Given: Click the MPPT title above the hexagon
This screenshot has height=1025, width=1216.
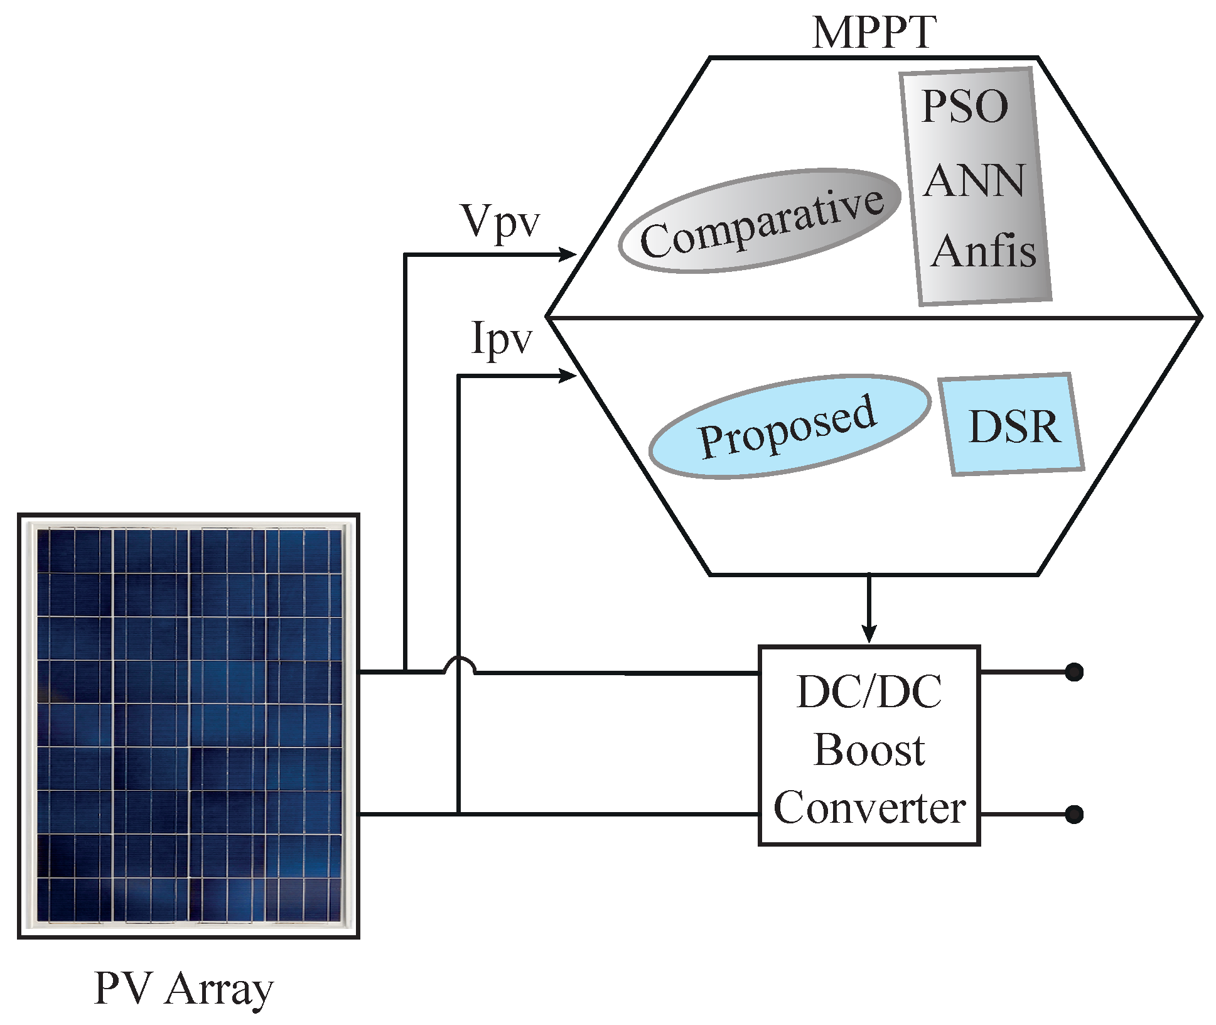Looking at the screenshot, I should point(873,33).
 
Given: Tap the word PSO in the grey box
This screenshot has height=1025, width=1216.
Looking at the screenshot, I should point(965,107).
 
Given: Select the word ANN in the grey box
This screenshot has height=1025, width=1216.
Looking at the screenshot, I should point(974,182).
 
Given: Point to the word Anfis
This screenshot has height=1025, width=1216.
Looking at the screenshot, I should point(983,251).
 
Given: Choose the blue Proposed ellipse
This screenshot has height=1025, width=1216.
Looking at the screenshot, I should point(789,426).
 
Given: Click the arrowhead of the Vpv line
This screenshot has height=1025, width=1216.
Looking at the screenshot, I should point(569,254).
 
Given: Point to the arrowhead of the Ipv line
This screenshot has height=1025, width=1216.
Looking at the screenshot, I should point(569,376).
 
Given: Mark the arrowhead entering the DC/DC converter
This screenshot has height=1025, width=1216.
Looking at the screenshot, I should point(869,634).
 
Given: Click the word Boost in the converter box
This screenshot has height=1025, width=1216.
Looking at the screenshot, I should point(869,750).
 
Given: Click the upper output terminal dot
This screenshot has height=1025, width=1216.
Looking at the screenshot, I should point(1074,672).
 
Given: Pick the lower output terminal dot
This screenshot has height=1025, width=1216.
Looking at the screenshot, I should point(1074,815).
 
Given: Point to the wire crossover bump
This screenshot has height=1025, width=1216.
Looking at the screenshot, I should point(459,664).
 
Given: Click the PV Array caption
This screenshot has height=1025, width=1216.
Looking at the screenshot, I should point(183,989).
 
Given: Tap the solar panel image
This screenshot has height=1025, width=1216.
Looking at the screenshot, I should point(188,726).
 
